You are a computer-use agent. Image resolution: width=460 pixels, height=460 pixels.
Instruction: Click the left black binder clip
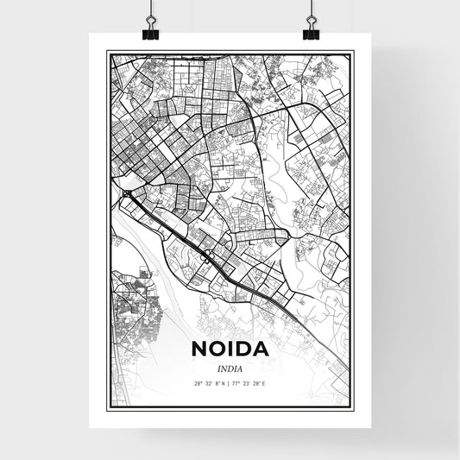tap(151, 31)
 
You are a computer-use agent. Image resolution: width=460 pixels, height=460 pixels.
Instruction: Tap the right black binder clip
tap(310, 31)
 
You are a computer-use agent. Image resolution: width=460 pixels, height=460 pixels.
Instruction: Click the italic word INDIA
tap(230, 368)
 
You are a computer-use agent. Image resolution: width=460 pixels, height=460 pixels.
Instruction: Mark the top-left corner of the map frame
tap(107, 52)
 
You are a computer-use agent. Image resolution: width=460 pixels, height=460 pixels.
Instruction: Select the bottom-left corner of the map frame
tap(107, 406)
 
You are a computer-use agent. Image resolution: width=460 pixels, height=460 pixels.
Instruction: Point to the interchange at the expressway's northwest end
tap(128, 195)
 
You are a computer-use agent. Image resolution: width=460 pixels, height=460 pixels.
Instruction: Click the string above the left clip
tap(151, 7)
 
